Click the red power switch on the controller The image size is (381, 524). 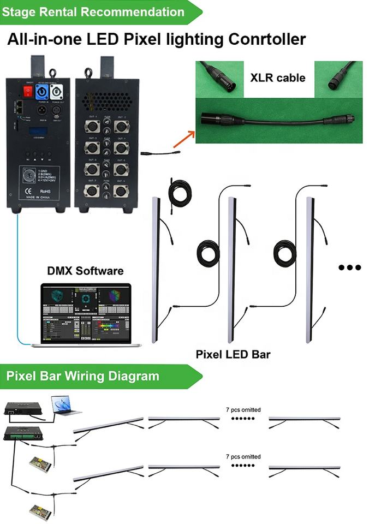[26, 91]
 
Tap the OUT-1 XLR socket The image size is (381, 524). [91, 127]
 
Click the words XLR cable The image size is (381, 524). [277, 78]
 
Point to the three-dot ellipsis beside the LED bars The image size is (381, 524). [350, 267]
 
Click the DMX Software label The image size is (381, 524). [85, 271]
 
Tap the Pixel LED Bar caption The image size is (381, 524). [233, 354]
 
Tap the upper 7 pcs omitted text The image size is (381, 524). [243, 409]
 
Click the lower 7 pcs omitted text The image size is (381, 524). [243, 456]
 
